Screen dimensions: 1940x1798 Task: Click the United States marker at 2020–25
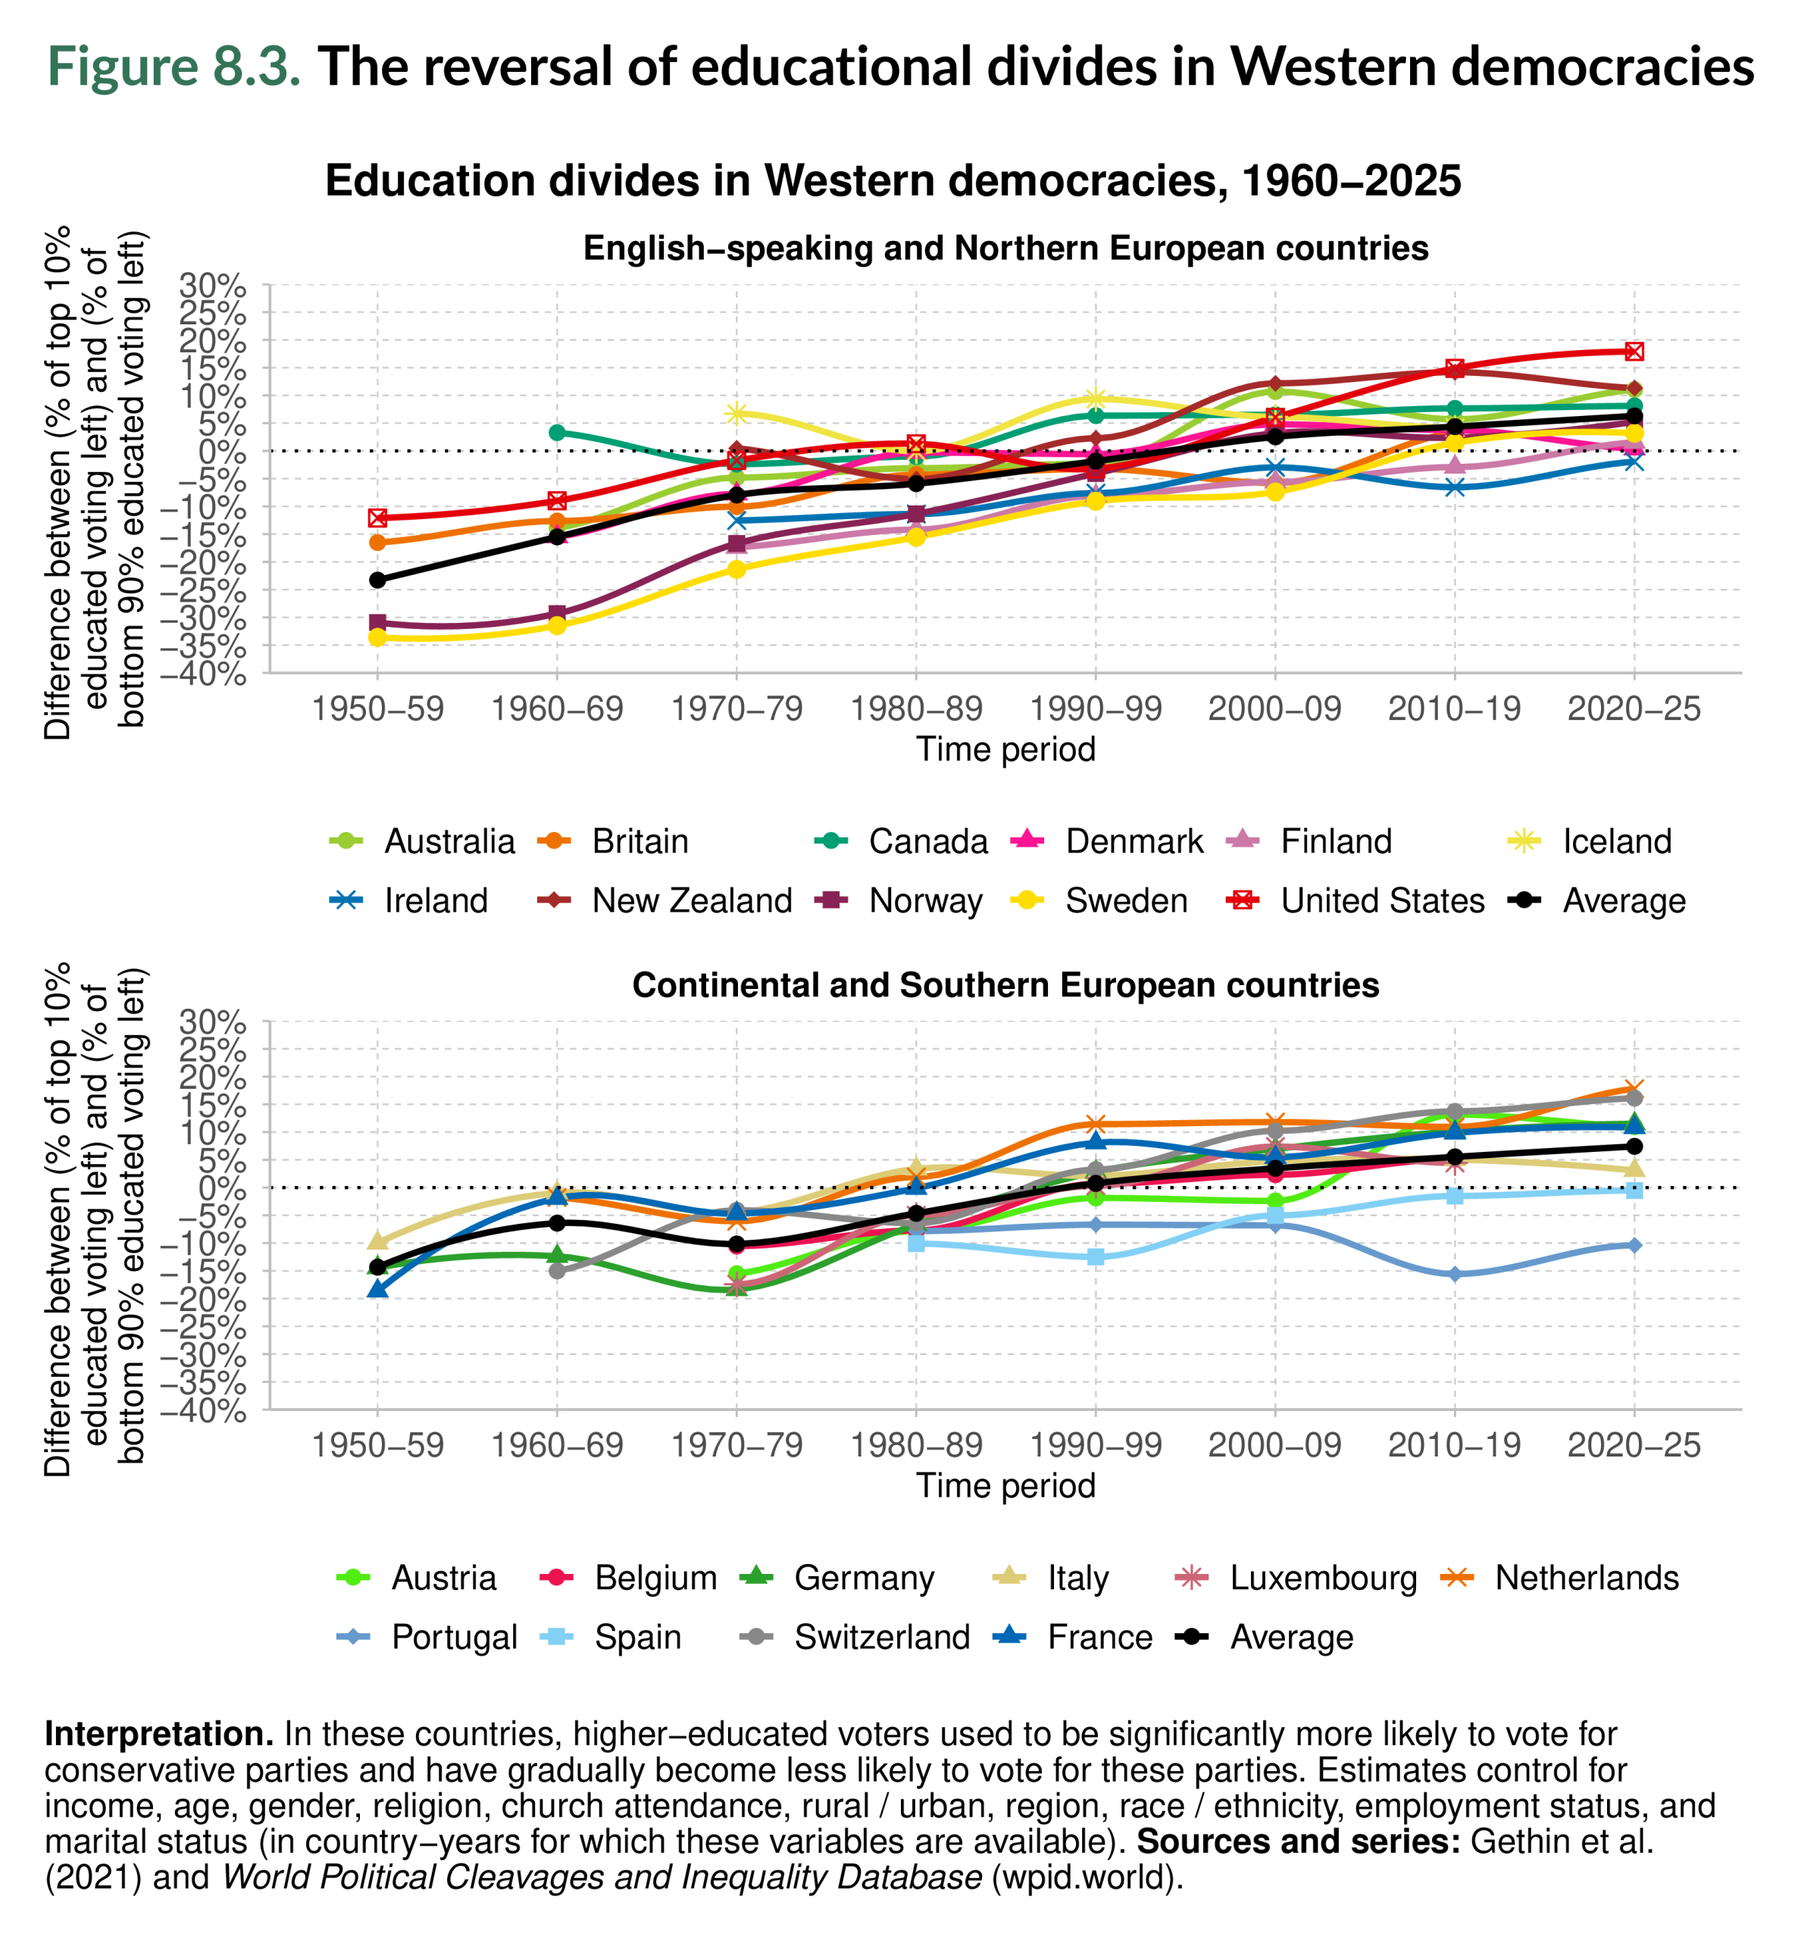pyautogui.click(x=1634, y=351)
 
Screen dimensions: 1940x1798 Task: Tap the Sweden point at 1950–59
pyautogui.click(x=377, y=637)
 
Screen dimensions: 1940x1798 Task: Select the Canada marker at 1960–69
pyautogui.click(x=556, y=432)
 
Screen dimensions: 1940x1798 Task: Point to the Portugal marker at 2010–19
pyautogui.click(x=1455, y=1275)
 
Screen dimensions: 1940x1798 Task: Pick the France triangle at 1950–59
pyautogui.click(x=377, y=1289)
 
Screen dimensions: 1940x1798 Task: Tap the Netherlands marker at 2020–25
pyautogui.click(x=1634, y=1089)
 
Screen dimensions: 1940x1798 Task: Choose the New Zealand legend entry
pyautogui.click(x=692, y=900)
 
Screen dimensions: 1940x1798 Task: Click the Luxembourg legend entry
pyautogui.click(x=1322, y=1577)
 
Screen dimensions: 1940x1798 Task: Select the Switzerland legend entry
pyautogui.click(x=881, y=1636)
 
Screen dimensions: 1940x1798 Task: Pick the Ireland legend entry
pyautogui.click(x=435, y=900)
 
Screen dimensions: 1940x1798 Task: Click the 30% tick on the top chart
pyautogui.click(x=212, y=285)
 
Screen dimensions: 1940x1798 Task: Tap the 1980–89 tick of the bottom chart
pyautogui.click(x=915, y=1446)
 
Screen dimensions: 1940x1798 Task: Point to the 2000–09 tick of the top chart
pyautogui.click(x=1274, y=709)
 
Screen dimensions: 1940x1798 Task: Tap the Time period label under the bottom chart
pyautogui.click(x=1005, y=1485)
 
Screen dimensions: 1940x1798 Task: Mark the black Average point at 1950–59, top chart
pyautogui.click(x=377, y=580)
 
